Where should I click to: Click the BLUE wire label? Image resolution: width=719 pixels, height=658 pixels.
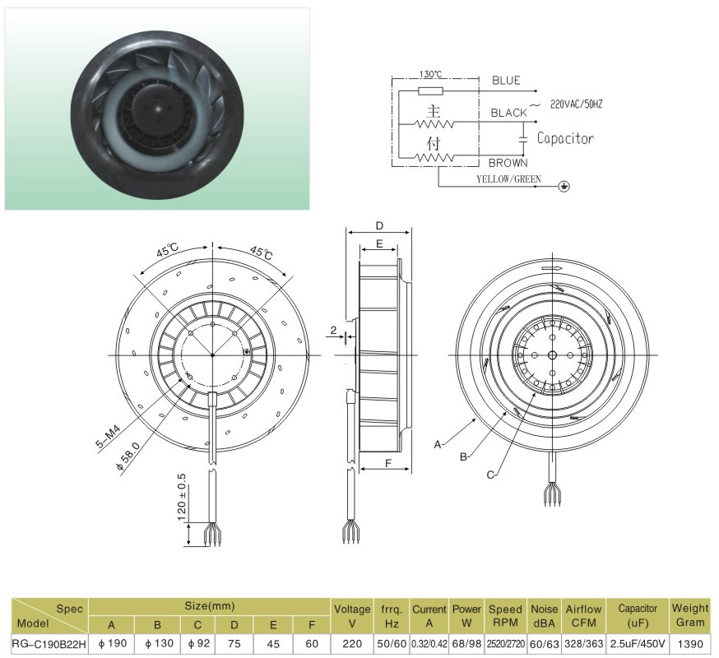pos(506,81)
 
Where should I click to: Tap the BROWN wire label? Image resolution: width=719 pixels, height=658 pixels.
pos(508,163)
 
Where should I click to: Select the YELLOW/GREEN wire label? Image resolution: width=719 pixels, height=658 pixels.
pos(508,178)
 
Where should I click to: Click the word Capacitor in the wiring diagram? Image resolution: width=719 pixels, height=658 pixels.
pos(565,138)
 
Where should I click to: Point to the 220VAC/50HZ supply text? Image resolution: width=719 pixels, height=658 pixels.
pos(576,104)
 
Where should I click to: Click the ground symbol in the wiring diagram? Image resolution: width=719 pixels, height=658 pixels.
pos(564,186)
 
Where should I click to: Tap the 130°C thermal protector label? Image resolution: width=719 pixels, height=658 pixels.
pos(430,74)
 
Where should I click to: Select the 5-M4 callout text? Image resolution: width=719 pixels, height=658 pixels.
pos(109,438)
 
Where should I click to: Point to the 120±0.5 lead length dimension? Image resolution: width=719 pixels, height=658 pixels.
pos(182,498)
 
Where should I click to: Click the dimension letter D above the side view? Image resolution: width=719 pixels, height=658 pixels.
pos(379,225)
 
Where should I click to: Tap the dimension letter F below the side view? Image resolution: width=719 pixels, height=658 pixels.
pos(388,463)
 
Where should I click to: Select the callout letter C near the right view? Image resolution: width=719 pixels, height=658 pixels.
pos(490,475)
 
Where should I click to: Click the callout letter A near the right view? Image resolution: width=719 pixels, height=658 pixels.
pos(438,444)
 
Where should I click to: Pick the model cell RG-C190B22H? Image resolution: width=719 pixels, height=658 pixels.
pos(49,644)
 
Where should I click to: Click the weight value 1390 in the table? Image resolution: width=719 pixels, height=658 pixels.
pos(690,644)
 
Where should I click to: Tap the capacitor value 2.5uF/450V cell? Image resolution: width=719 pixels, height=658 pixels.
pos(638,644)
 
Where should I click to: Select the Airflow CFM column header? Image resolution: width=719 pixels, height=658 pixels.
pos(584,616)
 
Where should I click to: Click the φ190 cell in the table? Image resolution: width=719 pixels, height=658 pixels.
pos(113,643)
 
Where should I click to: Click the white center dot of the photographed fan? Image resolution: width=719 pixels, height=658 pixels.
pos(157,109)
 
